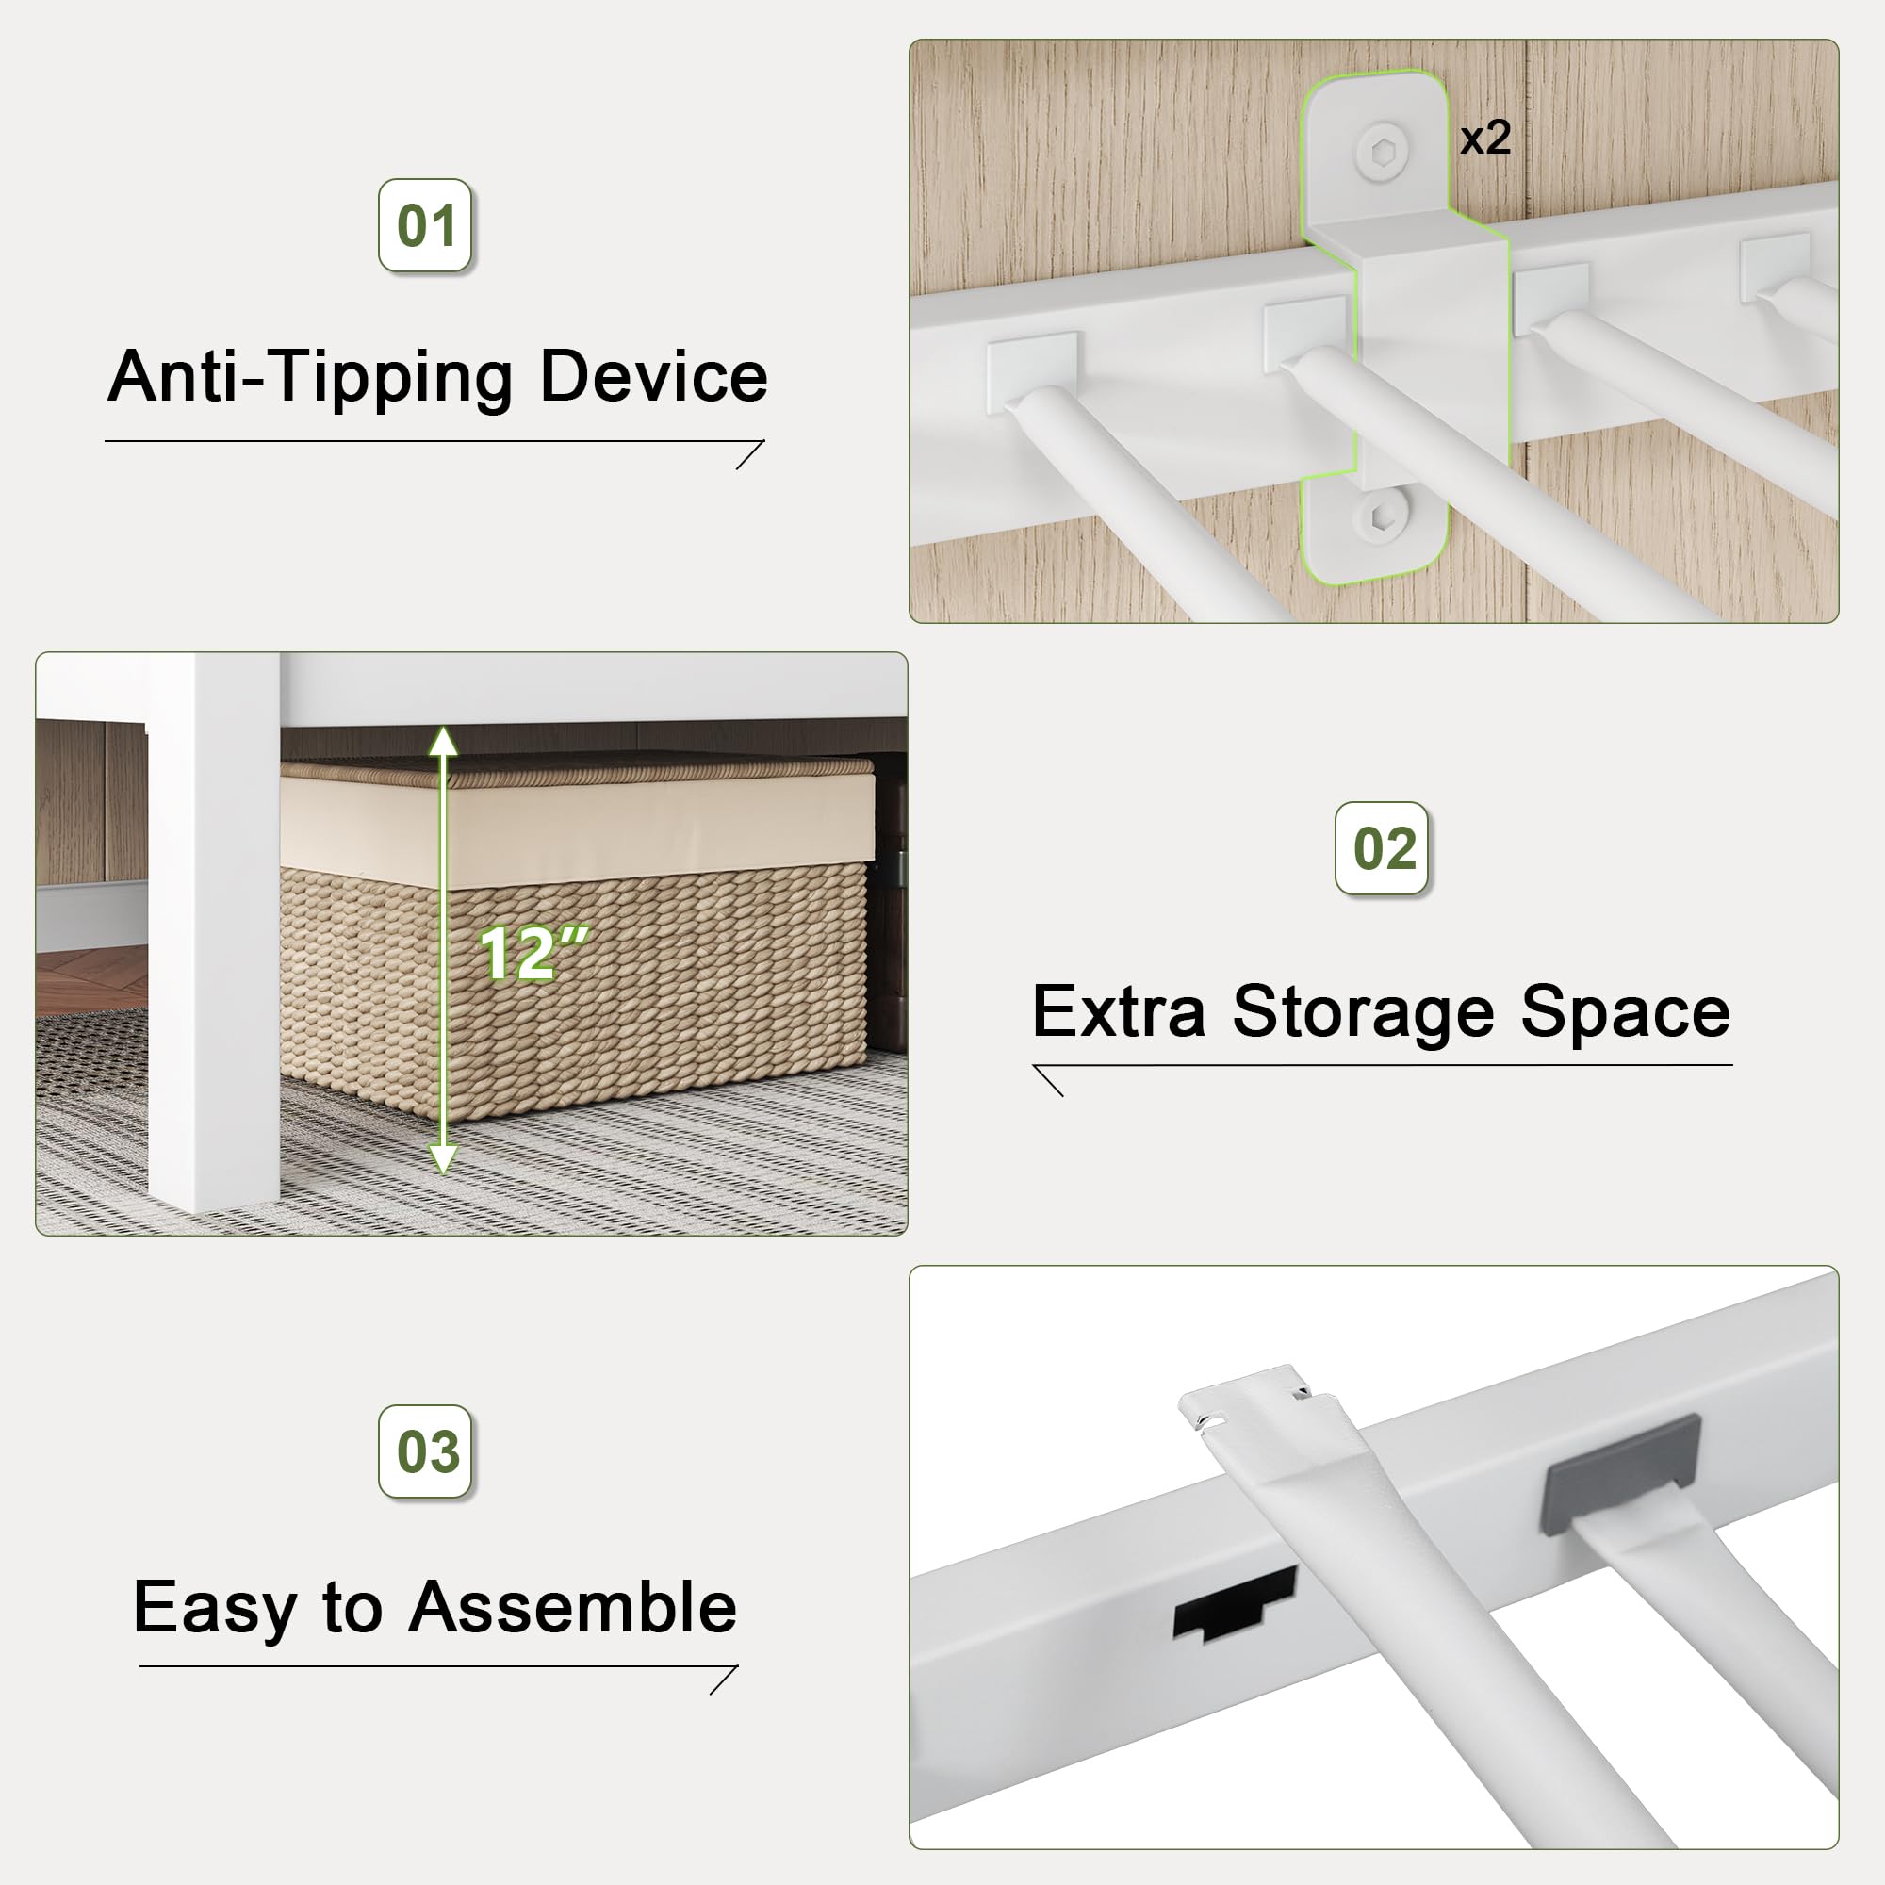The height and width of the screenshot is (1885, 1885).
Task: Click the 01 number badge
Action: (x=425, y=225)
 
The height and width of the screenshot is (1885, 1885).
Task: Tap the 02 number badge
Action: (x=1382, y=848)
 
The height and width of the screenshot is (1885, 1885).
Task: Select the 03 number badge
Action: (x=425, y=1451)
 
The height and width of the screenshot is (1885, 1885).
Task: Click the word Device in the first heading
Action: (x=653, y=377)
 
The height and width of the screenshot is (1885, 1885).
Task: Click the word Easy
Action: (x=215, y=1610)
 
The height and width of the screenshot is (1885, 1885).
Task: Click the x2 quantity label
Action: (x=1485, y=138)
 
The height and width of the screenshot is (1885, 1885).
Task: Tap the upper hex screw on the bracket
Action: (x=1383, y=152)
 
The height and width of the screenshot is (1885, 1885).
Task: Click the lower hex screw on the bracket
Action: (x=1381, y=518)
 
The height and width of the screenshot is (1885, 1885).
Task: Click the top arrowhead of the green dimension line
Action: (x=443, y=743)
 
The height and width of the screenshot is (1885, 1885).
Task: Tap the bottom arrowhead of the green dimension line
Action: (x=443, y=1160)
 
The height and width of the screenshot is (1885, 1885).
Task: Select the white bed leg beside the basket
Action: (x=214, y=937)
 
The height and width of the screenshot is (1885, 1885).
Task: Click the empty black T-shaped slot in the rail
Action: (x=1231, y=1605)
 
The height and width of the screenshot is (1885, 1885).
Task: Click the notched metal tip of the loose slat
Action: (x=1245, y=1397)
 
